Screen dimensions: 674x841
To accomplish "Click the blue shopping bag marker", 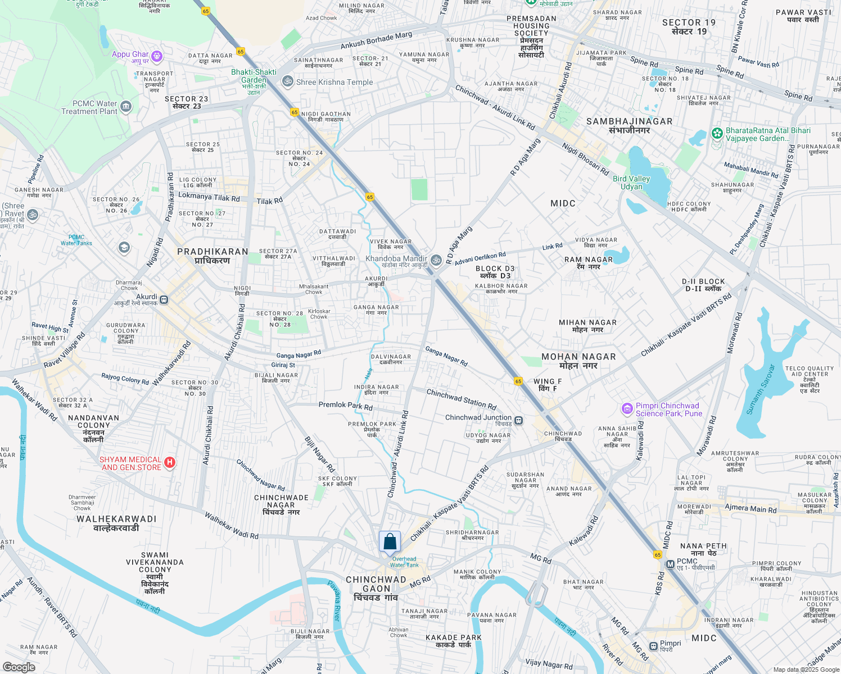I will (x=390, y=543).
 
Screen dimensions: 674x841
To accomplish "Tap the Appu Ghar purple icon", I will (x=157, y=56).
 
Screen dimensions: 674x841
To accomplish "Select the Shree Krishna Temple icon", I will (x=288, y=81).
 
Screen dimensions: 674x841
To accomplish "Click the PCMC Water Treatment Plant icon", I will (x=126, y=106).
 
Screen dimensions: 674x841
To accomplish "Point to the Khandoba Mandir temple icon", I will (x=436, y=260).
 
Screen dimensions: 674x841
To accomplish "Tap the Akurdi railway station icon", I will (x=164, y=299).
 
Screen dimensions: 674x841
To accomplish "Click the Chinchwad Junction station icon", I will (x=518, y=420).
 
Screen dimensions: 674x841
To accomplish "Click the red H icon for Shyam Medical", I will (x=170, y=463).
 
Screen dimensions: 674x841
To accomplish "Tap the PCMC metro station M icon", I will (x=670, y=564).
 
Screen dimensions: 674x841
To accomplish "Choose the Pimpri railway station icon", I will (x=653, y=646).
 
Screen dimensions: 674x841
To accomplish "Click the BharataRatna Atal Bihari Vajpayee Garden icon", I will (x=717, y=134).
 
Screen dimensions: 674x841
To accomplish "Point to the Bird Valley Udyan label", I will (x=631, y=183).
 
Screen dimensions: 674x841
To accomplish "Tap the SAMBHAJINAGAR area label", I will (x=629, y=125).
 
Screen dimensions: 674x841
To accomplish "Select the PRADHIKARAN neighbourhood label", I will (x=212, y=256).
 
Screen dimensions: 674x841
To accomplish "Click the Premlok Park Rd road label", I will (x=345, y=405).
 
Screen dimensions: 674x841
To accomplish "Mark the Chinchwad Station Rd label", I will (x=461, y=399).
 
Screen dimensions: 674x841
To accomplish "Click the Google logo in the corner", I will (x=19, y=667).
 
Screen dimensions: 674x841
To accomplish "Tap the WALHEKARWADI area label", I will (x=116, y=523).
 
